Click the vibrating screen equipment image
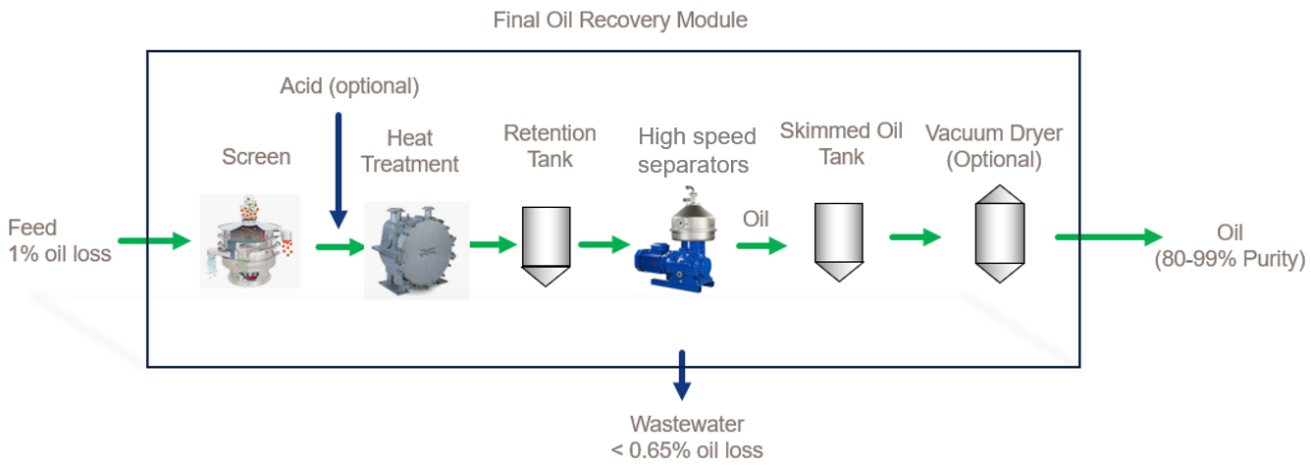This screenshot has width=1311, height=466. (x=249, y=241)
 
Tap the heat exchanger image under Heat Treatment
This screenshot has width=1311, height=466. (x=416, y=250)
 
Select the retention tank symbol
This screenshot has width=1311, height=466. (x=544, y=245)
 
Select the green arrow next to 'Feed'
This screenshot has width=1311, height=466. (x=153, y=240)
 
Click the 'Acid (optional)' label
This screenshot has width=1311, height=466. (x=349, y=86)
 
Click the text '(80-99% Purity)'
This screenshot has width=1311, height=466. (x=1242, y=259)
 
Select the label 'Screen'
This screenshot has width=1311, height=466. (x=256, y=157)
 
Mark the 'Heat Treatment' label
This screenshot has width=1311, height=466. (x=409, y=151)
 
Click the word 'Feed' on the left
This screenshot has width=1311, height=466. (x=32, y=229)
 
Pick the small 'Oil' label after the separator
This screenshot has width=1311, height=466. (x=758, y=217)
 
